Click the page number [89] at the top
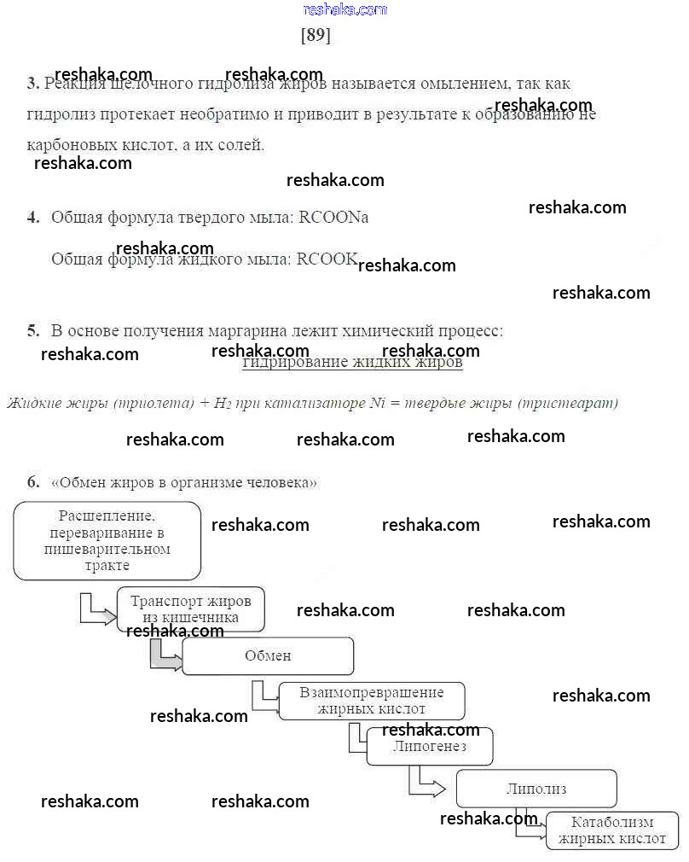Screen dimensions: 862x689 click(x=316, y=36)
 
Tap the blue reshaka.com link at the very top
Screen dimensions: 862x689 click(x=344, y=9)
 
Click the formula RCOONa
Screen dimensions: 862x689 click(x=333, y=218)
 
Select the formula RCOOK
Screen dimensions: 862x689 click(x=327, y=259)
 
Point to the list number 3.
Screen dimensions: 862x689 click(x=32, y=84)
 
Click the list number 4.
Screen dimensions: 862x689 click(x=33, y=218)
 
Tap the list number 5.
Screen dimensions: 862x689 click(x=33, y=330)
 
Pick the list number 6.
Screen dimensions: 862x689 click(x=33, y=482)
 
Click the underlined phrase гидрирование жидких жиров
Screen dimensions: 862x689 click(x=352, y=363)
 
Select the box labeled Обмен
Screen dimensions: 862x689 click(x=268, y=655)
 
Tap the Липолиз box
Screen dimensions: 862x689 click(x=536, y=789)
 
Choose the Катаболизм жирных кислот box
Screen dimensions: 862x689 click(x=612, y=830)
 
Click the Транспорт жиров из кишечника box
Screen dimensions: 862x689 click(x=190, y=609)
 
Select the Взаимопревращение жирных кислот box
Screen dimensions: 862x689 click(x=372, y=701)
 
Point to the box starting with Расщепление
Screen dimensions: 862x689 click(x=107, y=540)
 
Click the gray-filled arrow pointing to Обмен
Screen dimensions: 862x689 click(x=165, y=656)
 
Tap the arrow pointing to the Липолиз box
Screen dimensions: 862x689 click(x=426, y=783)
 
